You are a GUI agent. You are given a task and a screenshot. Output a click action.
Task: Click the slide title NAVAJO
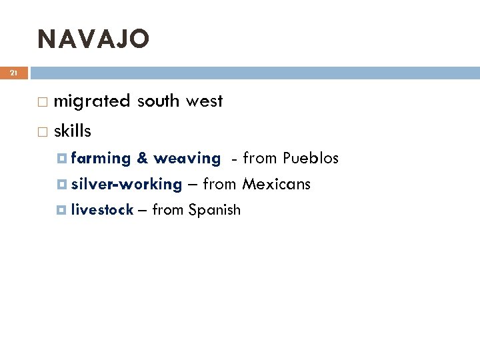point(93,39)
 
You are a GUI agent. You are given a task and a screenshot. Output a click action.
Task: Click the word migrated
point(92,101)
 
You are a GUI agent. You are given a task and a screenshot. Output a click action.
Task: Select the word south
point(158,101)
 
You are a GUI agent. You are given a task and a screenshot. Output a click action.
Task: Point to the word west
point(204,101)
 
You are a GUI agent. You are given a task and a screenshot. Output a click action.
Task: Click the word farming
point(101,159)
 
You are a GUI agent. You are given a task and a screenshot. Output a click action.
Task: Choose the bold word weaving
point(187,159)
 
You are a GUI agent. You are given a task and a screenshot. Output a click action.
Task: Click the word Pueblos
point(311,158)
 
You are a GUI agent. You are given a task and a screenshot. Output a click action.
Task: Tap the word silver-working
point(126,184)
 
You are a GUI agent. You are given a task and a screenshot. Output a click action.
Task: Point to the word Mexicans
point(276,183)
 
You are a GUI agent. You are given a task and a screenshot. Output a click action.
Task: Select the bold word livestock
point(102,210)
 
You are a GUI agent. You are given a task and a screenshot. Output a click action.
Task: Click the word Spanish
point(214,211)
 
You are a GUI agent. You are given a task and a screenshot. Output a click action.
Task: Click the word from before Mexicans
point(219,183)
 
